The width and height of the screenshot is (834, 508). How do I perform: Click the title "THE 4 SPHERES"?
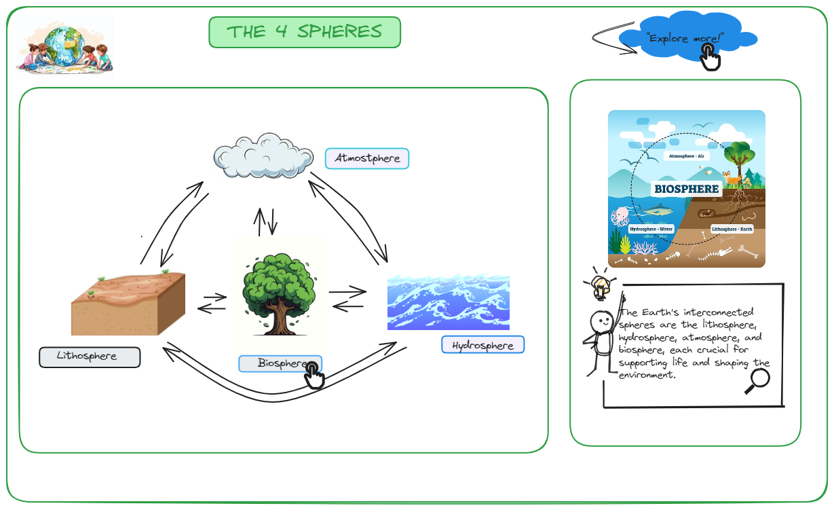click(305, 32)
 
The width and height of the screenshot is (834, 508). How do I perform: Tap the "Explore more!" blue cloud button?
click(685, 38)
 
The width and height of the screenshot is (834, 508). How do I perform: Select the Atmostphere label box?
click(367, 158)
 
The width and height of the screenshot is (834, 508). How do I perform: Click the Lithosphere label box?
click(90, 357)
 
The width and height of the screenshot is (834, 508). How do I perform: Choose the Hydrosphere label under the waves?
click(483, 345)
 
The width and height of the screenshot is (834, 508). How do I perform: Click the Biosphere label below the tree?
click(280, 363)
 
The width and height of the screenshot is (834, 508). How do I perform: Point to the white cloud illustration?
click(263, 156)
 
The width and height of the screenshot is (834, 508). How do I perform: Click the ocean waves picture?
click(449, 302)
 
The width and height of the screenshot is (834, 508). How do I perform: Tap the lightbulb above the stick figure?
click(600, 286)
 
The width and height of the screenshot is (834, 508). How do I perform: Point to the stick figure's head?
click(601, 320)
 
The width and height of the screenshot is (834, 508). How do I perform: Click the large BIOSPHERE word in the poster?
click(686, 188)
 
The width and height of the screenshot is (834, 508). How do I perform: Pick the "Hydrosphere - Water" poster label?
click(651, 229)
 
